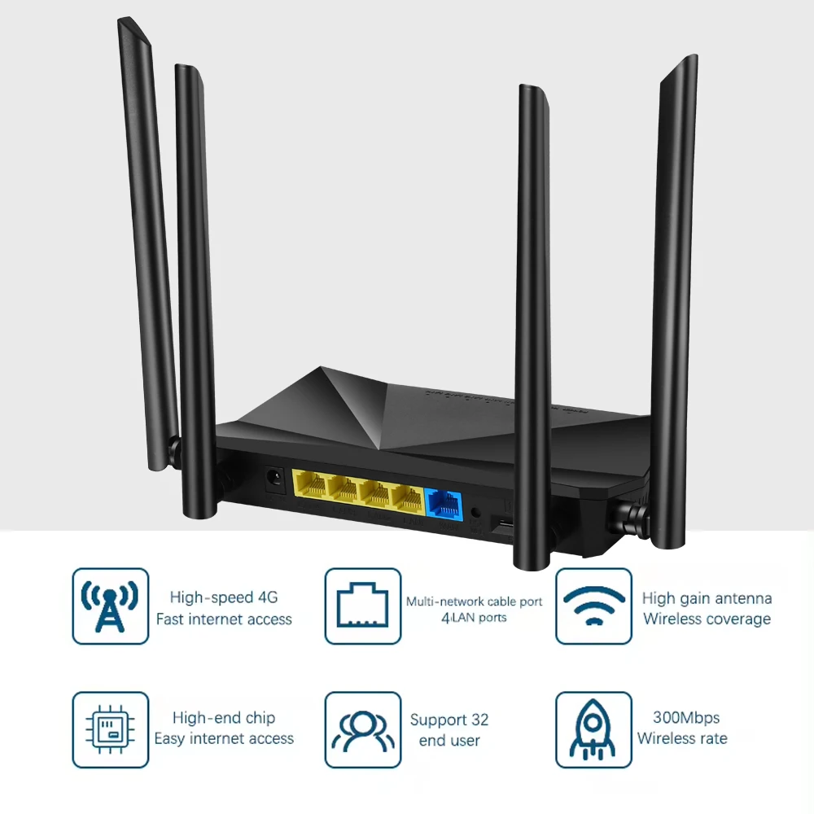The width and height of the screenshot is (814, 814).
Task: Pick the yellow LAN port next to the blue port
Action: tap(405, 499)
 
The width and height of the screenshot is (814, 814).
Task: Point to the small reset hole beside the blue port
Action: tap(475, 513)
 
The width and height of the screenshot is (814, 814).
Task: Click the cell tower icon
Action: tap(111, 606)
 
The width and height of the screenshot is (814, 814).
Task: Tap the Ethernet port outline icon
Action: tap(363, 606)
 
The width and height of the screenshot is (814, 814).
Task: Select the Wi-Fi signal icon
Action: tap(593, 606)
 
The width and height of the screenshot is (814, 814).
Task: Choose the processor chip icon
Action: tap(111, 729)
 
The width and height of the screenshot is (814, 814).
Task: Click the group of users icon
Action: tap(363, 729)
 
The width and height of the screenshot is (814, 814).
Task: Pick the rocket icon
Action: tap(593, 729)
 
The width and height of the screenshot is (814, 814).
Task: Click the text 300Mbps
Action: tap(686, 718)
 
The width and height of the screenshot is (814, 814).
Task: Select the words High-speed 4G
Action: tap(224, 597)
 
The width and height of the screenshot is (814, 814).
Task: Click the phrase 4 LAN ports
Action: tap(474, 618)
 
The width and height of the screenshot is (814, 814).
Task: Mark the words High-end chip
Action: tap(224, 718)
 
